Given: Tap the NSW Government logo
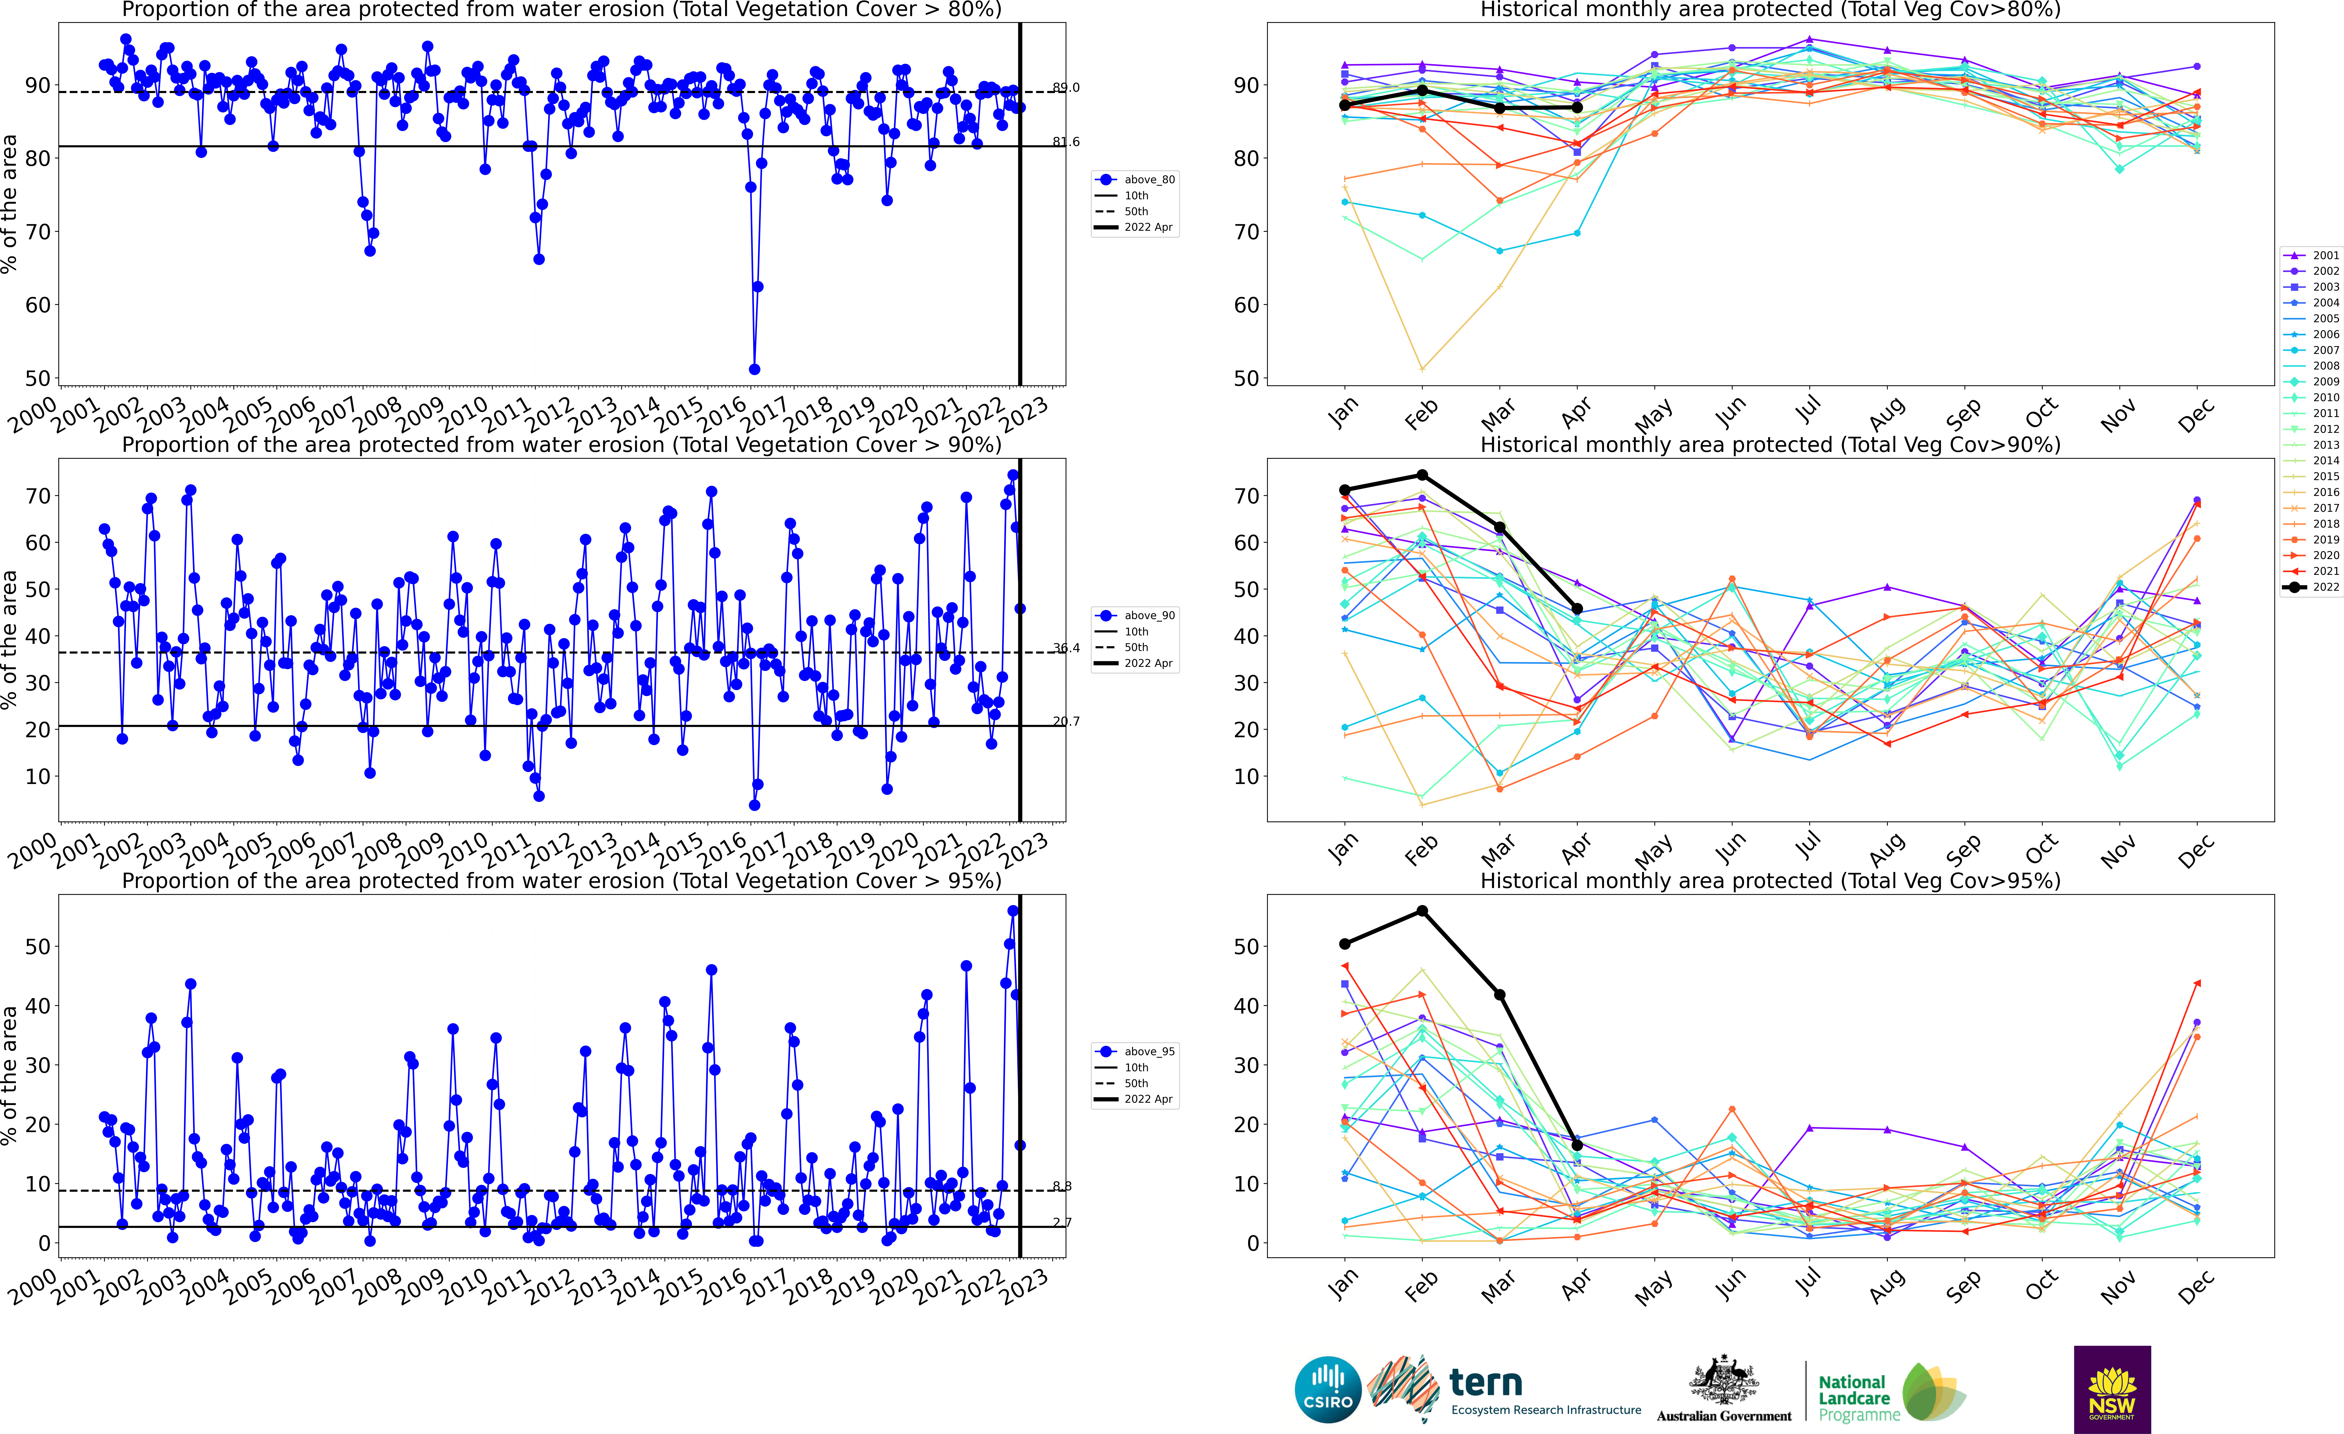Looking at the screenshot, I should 2112,1389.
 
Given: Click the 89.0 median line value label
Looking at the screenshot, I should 1065,87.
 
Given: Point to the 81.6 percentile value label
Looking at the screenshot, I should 1065,142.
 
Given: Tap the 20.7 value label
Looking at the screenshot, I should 1065,721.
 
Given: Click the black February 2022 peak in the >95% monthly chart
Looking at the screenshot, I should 1422,911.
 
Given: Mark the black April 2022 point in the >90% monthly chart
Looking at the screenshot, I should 1577,609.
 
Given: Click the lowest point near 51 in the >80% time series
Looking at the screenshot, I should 754,369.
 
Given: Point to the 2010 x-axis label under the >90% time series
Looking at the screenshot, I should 463,848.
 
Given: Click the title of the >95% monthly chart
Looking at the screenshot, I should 1770,881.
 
